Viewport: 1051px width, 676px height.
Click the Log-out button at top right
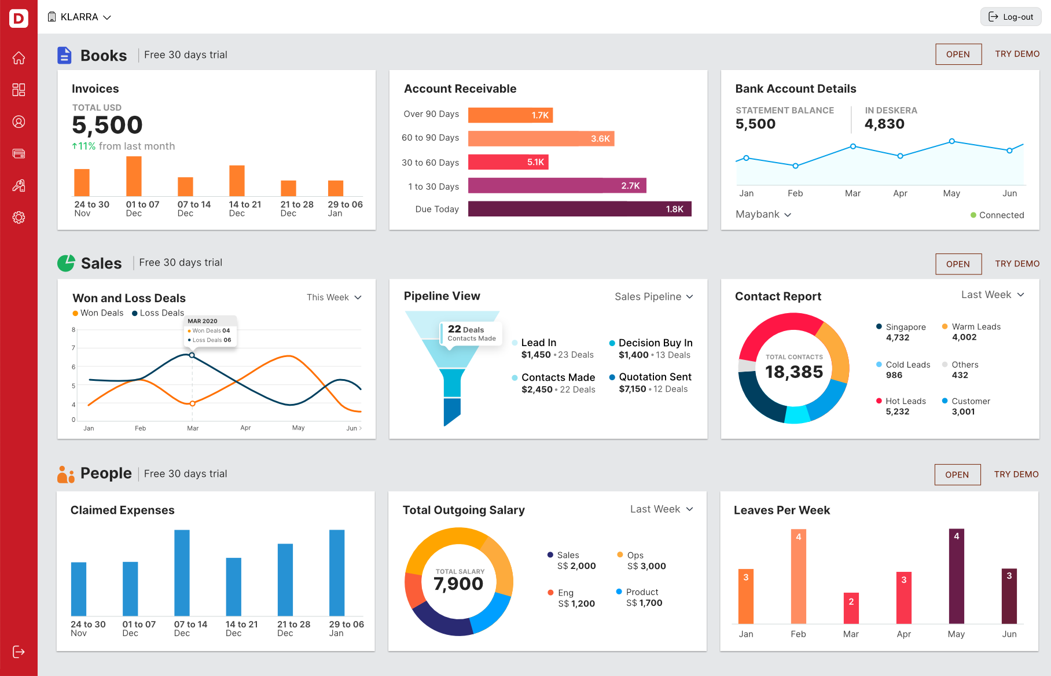1010,17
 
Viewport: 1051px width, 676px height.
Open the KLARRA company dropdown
79,17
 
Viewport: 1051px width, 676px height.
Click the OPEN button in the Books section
958,54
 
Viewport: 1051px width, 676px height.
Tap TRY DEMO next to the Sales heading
1017,264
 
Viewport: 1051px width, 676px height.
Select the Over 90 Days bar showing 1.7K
510,115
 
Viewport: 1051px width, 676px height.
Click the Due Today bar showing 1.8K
579,209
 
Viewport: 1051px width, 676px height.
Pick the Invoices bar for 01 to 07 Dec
134,177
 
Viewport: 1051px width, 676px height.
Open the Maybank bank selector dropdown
763,215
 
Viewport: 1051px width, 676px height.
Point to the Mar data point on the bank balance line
852,146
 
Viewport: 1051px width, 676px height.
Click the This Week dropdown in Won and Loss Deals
334,297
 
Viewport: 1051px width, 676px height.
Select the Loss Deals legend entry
158,313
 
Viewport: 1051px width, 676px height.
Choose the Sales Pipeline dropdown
653,297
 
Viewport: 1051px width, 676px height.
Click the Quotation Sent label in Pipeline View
655,377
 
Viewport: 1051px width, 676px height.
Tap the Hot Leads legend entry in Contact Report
905,402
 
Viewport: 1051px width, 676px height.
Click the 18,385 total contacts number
793,372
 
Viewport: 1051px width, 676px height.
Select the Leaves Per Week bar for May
956,576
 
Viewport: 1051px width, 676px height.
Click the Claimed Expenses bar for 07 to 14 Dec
182,573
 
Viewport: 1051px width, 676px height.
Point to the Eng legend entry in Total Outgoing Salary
565,593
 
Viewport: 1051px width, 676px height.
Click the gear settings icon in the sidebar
19,218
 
